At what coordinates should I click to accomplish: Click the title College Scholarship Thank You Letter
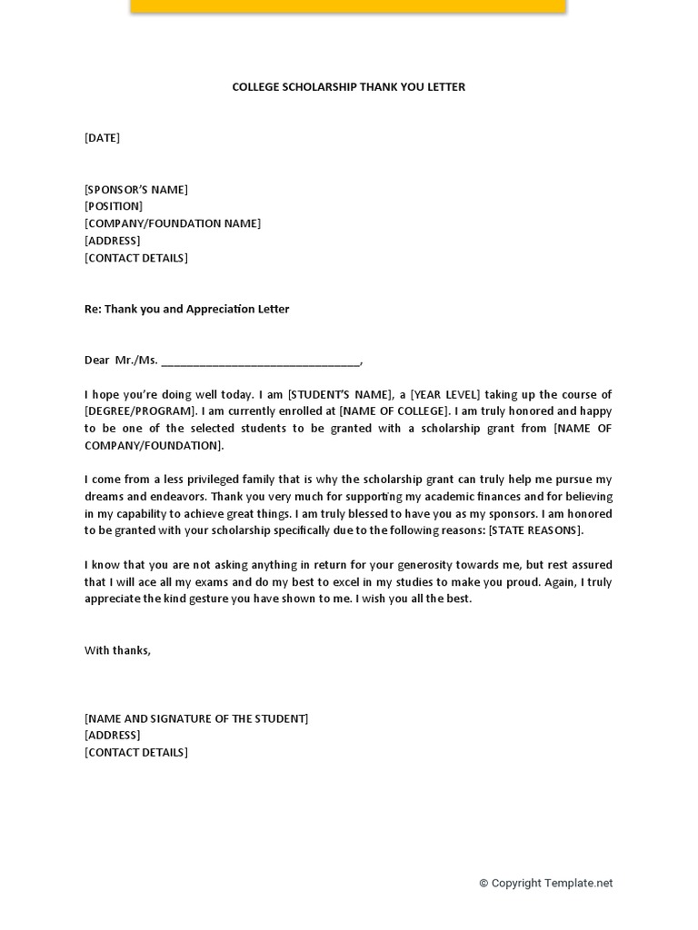(x=348, y=87)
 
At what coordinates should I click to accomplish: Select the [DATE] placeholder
(x=102, y=138)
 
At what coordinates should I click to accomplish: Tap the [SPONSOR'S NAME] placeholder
(x=136, y=190)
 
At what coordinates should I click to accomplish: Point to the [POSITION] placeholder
(x=114, y=206)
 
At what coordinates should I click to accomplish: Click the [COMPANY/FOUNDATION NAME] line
(x=173, y=223)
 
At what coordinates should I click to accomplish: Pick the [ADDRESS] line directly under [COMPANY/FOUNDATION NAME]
(x=113, y=241)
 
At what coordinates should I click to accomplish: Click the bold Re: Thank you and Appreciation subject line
(x=186, y=309)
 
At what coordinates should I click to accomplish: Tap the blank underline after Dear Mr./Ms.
(x=261, y=361)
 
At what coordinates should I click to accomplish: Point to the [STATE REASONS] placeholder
(x=535, y=530)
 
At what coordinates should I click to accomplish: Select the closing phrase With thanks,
(x=117, y=650)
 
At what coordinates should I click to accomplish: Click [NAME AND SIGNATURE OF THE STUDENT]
(x=196, y=718)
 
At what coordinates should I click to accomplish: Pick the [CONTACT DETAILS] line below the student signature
(x=136, y=753)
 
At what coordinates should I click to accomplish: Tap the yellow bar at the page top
(x=348, y=5)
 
